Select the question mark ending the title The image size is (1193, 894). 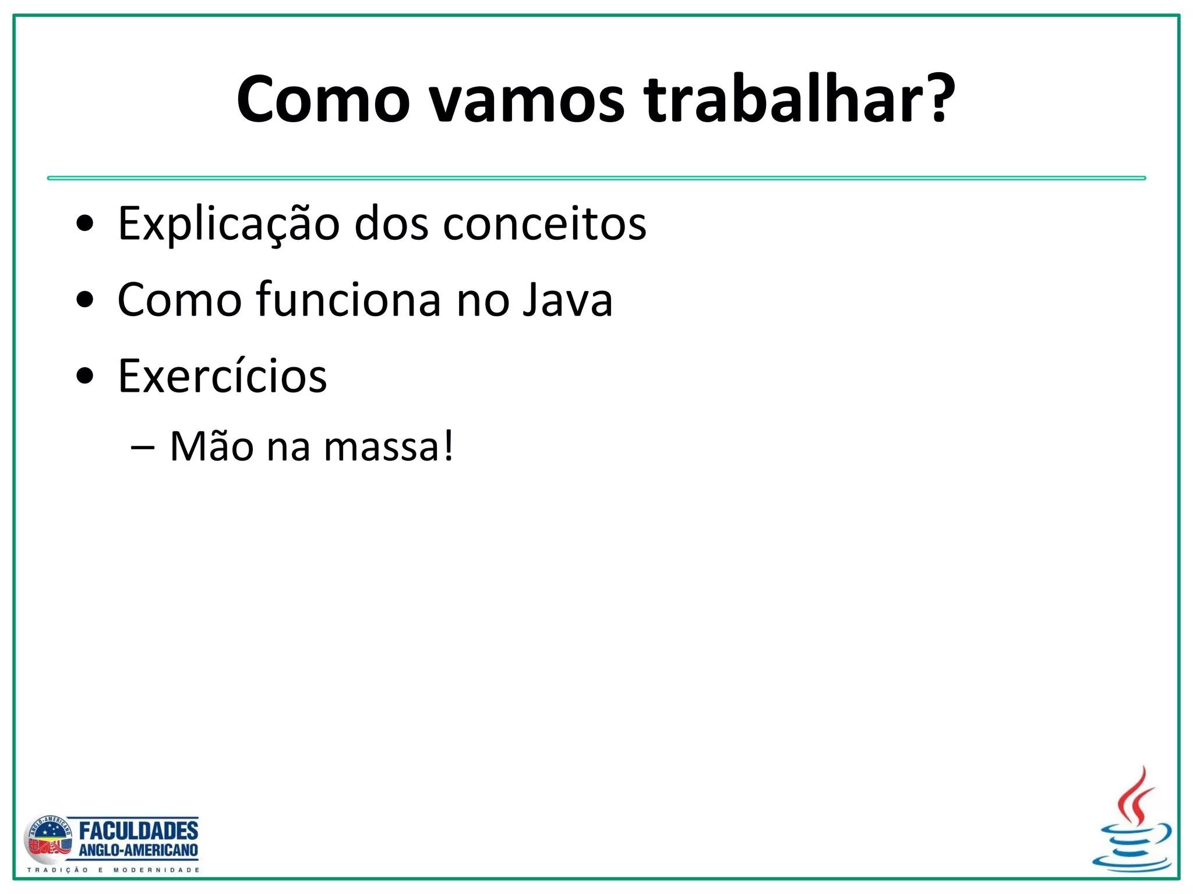click(x=939, y=99)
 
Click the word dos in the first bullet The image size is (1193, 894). click(x=391, y=224)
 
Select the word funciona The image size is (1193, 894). click(x=348, y=300)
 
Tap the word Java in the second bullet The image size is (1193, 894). click(x=567, y=300)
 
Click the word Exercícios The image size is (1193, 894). click(x=222, y=377)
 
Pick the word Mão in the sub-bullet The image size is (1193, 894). click(x=211, y=447)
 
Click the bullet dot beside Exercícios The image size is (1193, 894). click(x=85, y=377)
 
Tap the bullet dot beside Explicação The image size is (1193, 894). click(x=85, y=224)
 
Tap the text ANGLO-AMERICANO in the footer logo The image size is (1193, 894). click(x=138, y=850)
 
